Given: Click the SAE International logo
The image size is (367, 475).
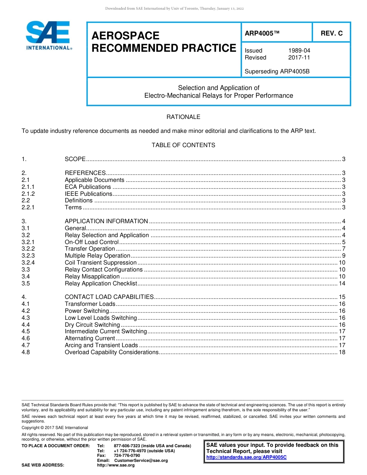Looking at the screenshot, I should coord(49,36).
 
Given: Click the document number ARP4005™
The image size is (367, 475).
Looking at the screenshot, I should coord(262,34).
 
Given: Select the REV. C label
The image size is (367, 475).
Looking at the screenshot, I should coord(331,34).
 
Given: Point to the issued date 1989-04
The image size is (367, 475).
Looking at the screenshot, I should coord(299,51).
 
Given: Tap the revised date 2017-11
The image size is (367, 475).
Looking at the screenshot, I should coord(299,58).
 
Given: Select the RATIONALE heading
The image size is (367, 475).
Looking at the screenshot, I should coord(183,117).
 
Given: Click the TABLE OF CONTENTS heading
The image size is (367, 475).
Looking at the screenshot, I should coord(183,145).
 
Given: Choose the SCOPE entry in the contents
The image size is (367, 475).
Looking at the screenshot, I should coord(75,159).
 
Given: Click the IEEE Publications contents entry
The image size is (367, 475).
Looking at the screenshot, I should coord(88,194).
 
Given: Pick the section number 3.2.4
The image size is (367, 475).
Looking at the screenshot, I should coord(28,263).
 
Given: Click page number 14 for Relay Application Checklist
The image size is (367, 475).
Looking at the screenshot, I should coord(342,283).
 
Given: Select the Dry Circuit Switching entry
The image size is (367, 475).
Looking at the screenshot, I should coord(92,325).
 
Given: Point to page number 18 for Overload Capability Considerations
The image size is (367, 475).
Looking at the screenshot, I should coord(342,352).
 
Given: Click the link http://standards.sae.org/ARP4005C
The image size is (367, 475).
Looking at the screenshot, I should coord(246,457).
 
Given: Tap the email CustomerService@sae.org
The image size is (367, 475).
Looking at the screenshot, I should coord(141,460).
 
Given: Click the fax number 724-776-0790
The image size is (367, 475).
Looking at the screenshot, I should coord(127,455).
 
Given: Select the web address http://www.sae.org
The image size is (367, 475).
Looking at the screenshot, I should coord(116,465).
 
